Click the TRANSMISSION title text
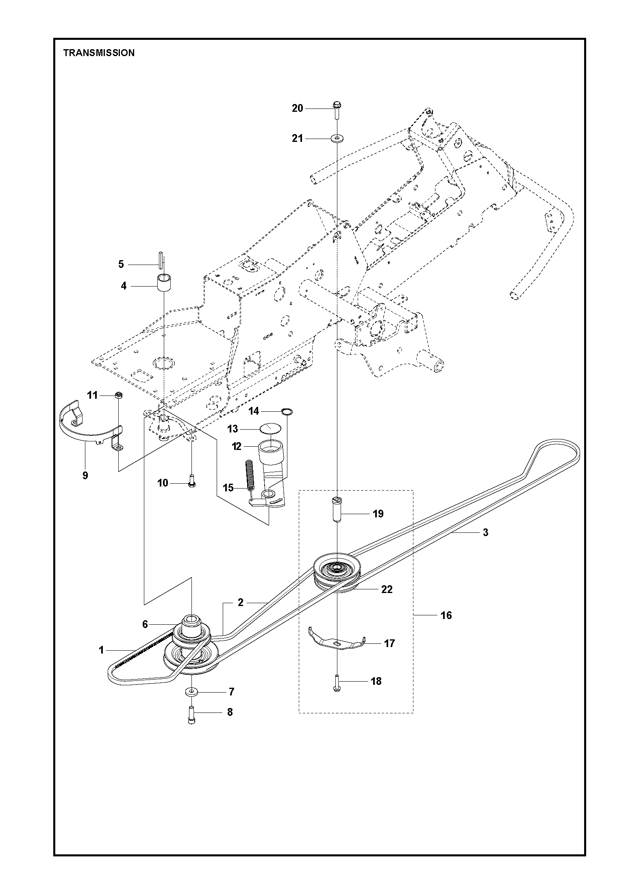click(99, 53)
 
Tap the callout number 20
click(298, 109)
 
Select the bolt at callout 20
click(337, 109)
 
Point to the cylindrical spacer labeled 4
click(163, 283)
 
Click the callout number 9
click(85, 475)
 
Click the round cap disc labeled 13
click(270, 428)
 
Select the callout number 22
click(387, 589)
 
